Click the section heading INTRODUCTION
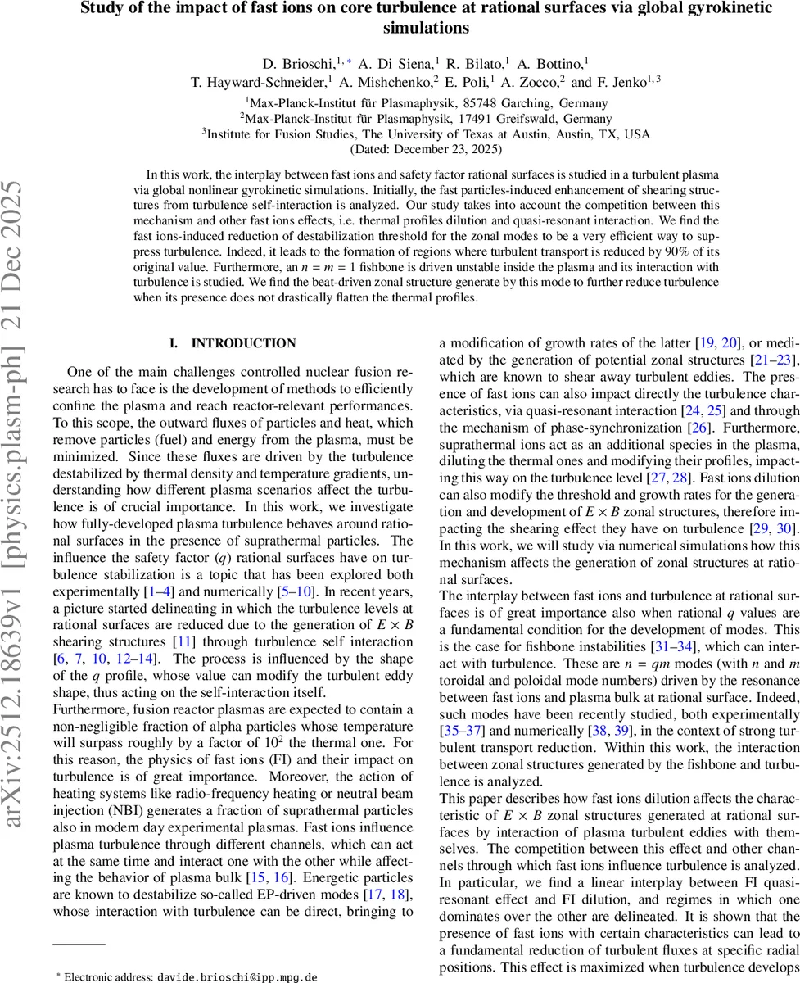pos(232,343)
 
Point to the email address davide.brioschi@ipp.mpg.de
pos(237,976)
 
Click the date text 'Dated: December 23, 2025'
pos(426,150)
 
